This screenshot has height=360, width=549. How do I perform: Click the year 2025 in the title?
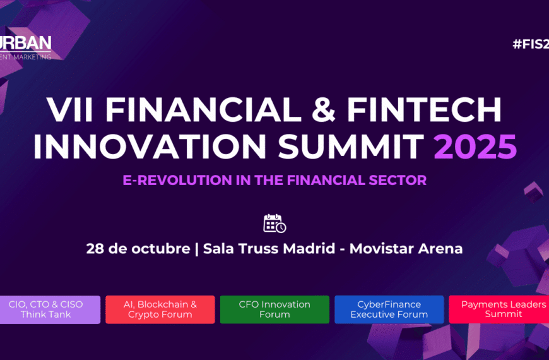click(x=475, y=147)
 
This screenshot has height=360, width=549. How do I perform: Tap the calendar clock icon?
click(x=274, y=224)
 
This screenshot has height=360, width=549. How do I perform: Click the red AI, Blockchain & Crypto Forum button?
click(x=160, y=309)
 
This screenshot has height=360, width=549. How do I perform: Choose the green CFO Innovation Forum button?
click(x=274, y=309)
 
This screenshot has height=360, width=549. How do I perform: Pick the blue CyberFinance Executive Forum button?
click(x=389, y=309)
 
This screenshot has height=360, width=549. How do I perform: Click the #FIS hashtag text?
click(x=530, y=45)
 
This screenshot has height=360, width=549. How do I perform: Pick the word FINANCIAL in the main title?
click(x=204, y=111)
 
